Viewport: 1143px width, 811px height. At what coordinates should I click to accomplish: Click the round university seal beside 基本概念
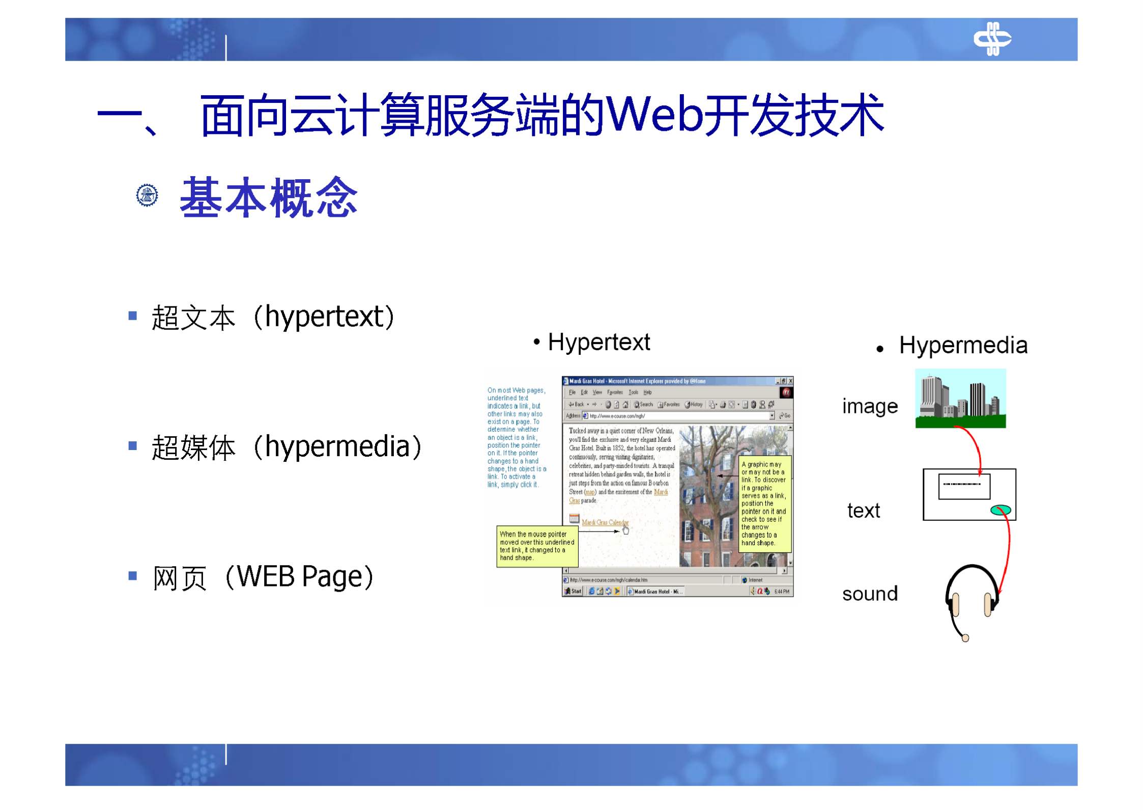coord(147,195)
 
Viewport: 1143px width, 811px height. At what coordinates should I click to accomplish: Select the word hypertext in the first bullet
coord(324,317)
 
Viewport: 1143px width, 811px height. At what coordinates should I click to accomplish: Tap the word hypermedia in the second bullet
coord(337,447)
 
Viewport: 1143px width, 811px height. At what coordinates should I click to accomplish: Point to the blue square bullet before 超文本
coord(133,316)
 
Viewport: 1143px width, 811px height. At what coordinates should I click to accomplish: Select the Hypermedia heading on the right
coord(962,346)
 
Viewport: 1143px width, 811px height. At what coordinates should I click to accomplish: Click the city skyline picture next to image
coord(960,399)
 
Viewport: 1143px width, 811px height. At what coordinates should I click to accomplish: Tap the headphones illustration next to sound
coord(970,598)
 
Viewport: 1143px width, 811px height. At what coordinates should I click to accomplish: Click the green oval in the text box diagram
coord(999,510)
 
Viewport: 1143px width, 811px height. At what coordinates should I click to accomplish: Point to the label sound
coord(869,594)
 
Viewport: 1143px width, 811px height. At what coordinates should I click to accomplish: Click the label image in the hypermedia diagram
coord(869,406)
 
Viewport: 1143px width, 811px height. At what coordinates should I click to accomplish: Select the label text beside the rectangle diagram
coord(863,511)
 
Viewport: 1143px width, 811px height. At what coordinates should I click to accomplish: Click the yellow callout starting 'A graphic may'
coord(764,504)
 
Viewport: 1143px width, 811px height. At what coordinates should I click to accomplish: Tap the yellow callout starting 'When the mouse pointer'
coord(536,546)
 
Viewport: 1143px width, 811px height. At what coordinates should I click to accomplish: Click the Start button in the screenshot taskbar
coord(573,591)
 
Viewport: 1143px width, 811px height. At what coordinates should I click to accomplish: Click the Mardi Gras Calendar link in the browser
coord(604,522)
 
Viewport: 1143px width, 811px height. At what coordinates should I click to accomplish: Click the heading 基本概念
coord(269,198)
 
